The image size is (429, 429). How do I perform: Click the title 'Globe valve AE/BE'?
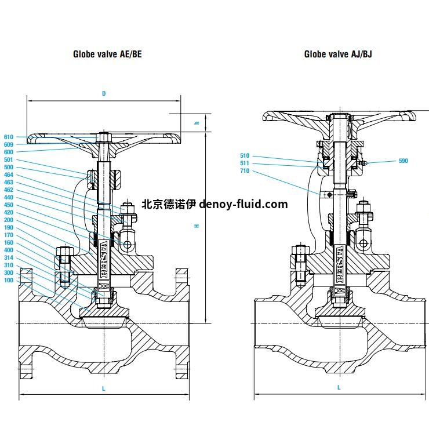107,54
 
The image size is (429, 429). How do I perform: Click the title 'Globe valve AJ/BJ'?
339,54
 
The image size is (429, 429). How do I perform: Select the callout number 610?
8,137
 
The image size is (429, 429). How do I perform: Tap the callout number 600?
8,152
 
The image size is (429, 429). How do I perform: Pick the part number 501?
8,159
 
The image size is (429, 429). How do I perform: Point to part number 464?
8,174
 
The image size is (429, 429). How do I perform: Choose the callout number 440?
8,197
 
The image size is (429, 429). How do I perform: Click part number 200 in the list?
8,220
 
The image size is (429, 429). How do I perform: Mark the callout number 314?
8,257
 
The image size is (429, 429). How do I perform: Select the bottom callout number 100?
8,280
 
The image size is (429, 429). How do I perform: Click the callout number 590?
403,160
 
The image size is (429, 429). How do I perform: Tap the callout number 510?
244,155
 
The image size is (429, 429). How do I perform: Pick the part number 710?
244,170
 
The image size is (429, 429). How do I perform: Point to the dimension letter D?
104,93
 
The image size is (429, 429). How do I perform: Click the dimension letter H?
197,226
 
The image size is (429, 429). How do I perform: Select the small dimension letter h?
197,123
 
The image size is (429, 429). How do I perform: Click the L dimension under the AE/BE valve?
104,388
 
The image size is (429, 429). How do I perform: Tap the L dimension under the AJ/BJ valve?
339,387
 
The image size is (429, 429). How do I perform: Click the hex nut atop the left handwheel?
104,137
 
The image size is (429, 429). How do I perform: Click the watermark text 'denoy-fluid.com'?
243,204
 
